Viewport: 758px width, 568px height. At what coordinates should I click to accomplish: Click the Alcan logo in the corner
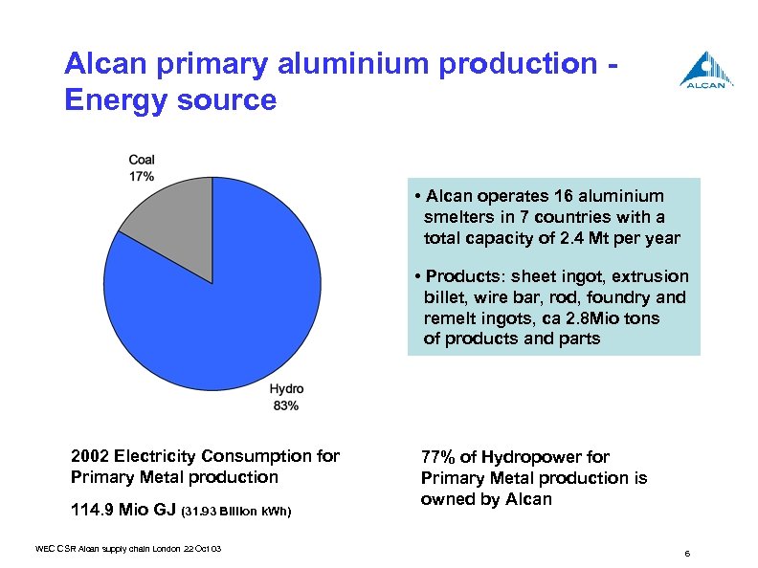coord(707,69)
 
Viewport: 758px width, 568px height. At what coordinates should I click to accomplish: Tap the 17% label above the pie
coord(142,176)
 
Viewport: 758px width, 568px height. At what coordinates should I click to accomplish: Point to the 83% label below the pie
coord(285,405)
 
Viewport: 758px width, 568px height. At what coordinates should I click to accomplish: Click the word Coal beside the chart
coord(142,160)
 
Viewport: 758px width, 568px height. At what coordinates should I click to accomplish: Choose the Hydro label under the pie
coord(286,389)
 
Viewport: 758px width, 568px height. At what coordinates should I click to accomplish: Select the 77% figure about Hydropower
coord(439,457)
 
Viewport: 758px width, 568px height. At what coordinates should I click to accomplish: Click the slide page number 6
coord(688,555)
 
